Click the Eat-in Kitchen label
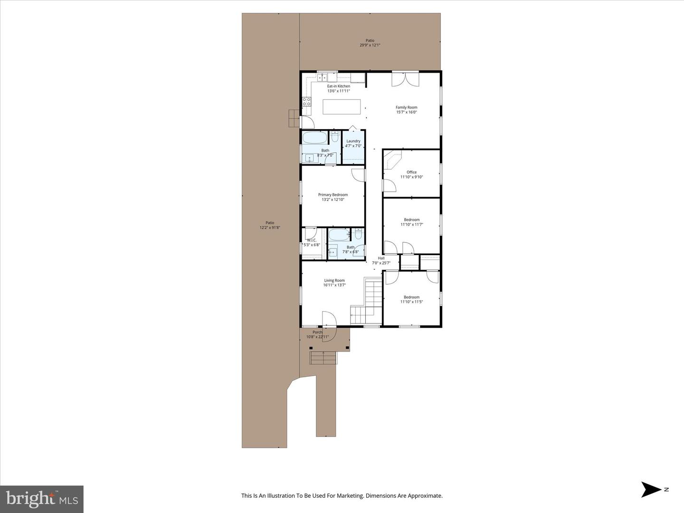click(x=338, y=86)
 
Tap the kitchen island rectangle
click(x=342, y=106)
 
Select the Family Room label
click(x=406, y=107)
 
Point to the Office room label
click(x=411, y=172)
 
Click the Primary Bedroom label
click(x=332, y=195)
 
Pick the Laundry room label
click(x=353, y=141)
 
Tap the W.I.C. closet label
click(x=312, y=240)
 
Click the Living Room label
click(x=334, y=280)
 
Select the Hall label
click(x=381, y=258)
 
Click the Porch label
click(x=317, y=332)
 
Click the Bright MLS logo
click(x=42, y=499)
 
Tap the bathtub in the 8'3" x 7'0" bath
click(x=315, y=138)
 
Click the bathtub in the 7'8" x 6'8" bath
click(x=339, y=235)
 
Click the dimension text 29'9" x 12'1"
click(x=370, y=46)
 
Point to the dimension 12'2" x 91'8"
click(x=270, y=228)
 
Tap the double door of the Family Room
click(x=405, y=78)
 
